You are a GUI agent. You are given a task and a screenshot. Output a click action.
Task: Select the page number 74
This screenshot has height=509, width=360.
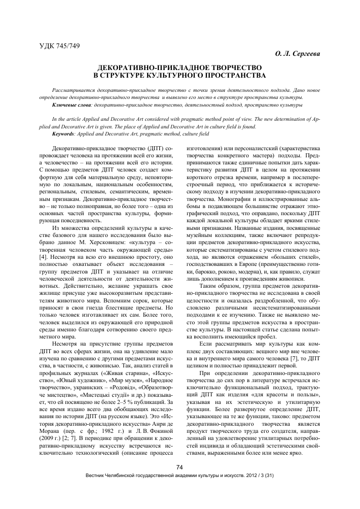(x=179, y=482)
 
